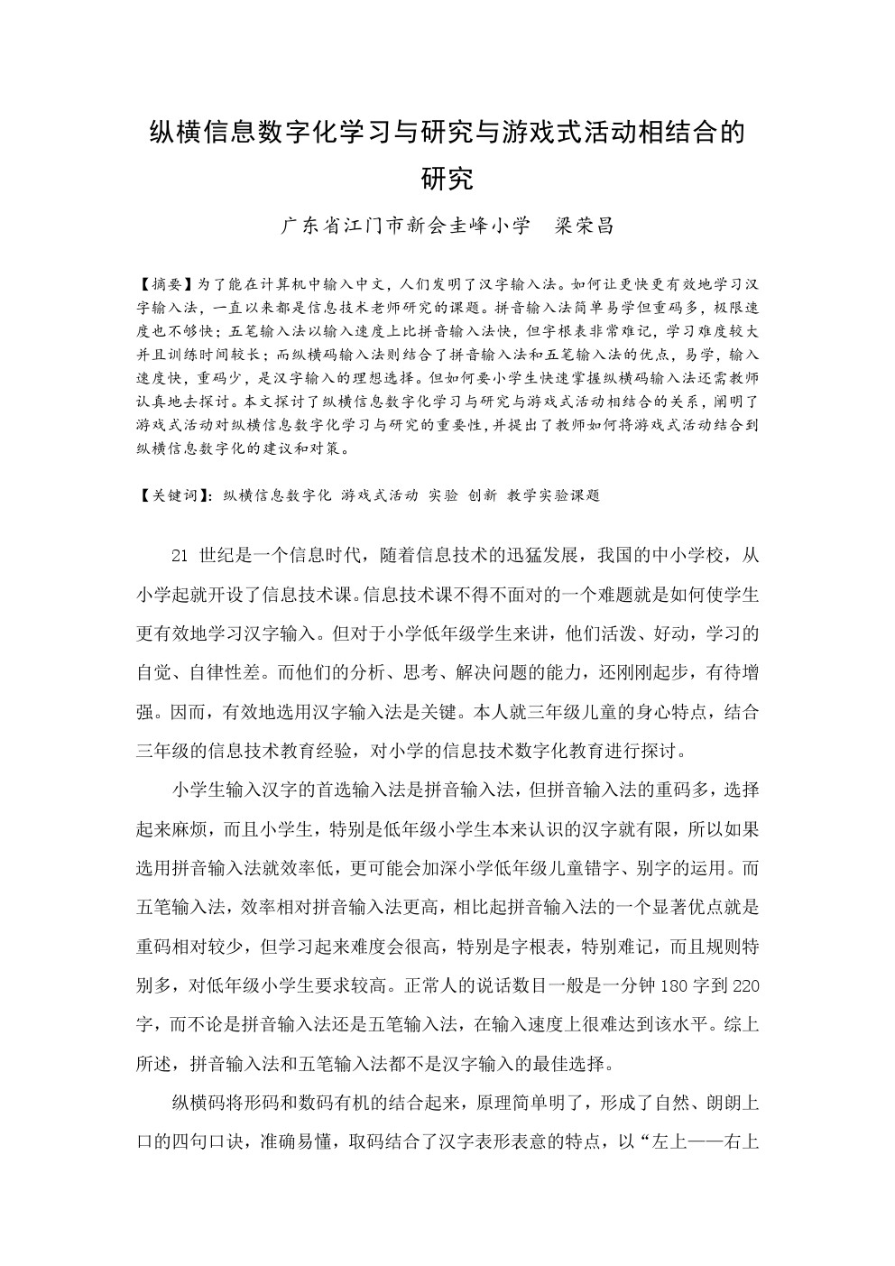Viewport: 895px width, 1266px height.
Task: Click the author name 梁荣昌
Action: (585, 226)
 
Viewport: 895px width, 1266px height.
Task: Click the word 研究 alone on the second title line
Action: (447, 179)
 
